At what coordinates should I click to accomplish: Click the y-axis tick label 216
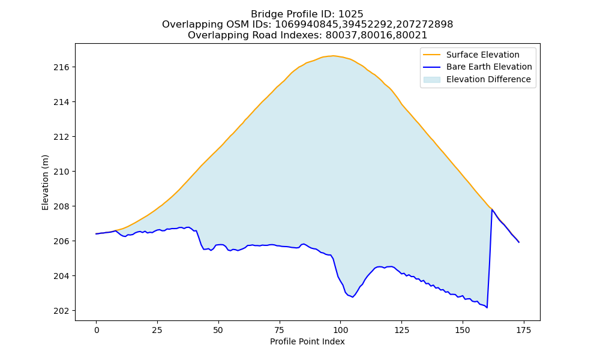pyautogui.click(x=62, y=67)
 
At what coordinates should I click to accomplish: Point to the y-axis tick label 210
pyautogui.click(x=62, y=172)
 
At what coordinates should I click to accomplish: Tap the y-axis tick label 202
pyautogui.click(x=62, y=311)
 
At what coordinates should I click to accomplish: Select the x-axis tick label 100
pyautogui.click(x=340, y=330)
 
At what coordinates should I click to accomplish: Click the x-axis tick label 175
pyautogui.click(x=523, y=330)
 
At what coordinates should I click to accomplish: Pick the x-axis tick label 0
pyautogui.click(x=97, y=330)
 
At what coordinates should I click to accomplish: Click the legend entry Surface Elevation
pyautogui.click(x=482, y=55)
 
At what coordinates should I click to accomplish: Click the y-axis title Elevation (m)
pyautogui.click(x=45, y=182)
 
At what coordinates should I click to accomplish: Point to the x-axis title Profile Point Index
pyautogui.click(x=307, y=341)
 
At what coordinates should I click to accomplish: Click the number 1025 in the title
pyautogui.click(x=351, y=14)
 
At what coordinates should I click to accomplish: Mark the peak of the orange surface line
pyautogui.click(x=333, y=56)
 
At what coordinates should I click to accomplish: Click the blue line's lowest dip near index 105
pyautogui.click(x=352, y=297)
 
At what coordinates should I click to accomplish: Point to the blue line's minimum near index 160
pyautogui.click(x=487, y=308)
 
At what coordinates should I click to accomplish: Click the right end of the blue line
pyautogui.click(x=519, y=242)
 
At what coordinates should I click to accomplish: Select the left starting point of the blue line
pyautogui.click(x=96, y=234)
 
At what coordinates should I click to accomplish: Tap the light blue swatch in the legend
pyautogui.click(x=431, y=80)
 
